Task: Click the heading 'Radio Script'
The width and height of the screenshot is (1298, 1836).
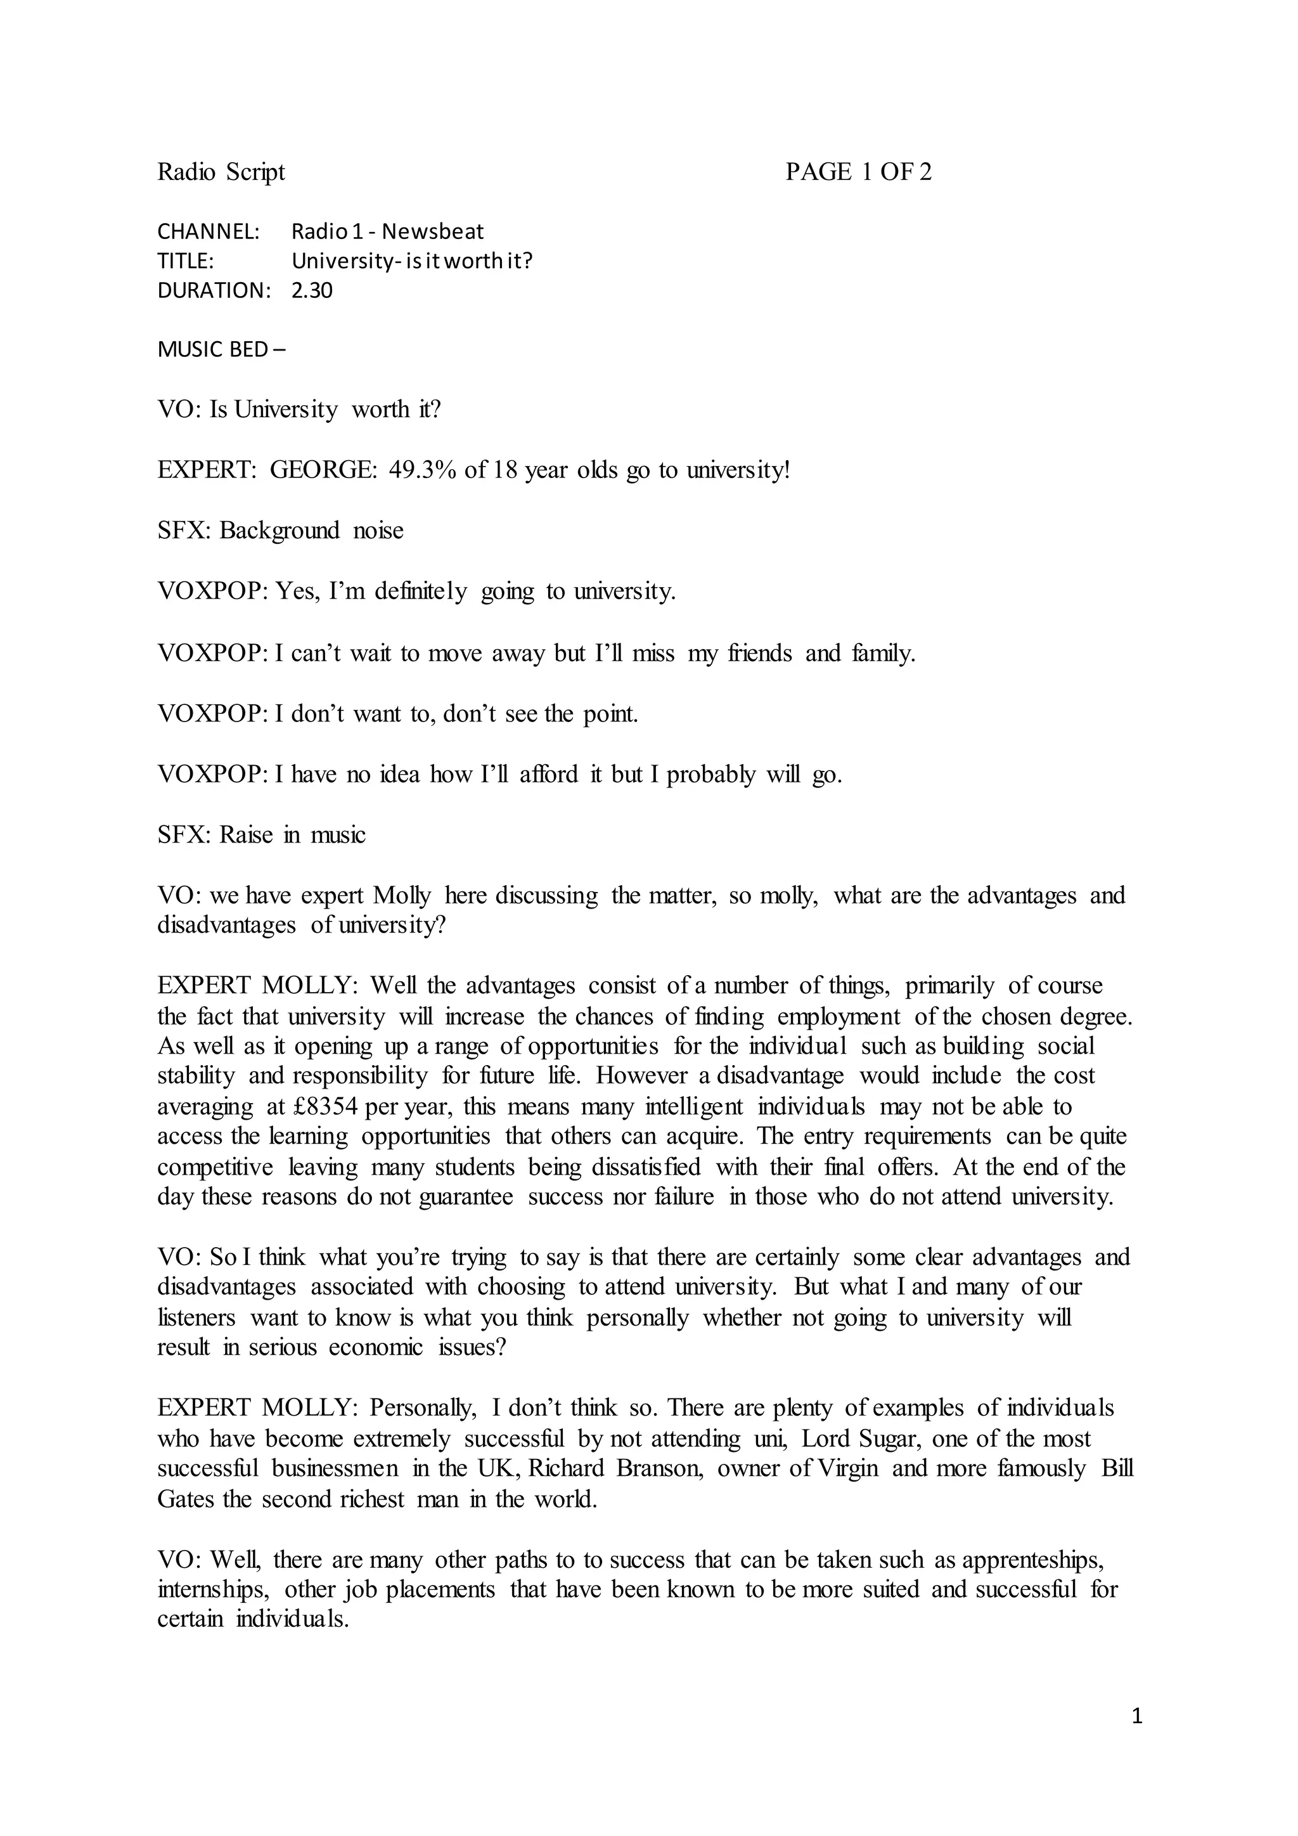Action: pos(221,172)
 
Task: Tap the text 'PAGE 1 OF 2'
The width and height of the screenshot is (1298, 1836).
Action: pos(858,172)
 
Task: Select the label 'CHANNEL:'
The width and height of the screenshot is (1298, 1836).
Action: pos(209,232)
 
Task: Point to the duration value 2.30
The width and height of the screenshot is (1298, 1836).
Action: pos(311,290)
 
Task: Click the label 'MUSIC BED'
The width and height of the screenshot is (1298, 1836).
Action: pos(212,349)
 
